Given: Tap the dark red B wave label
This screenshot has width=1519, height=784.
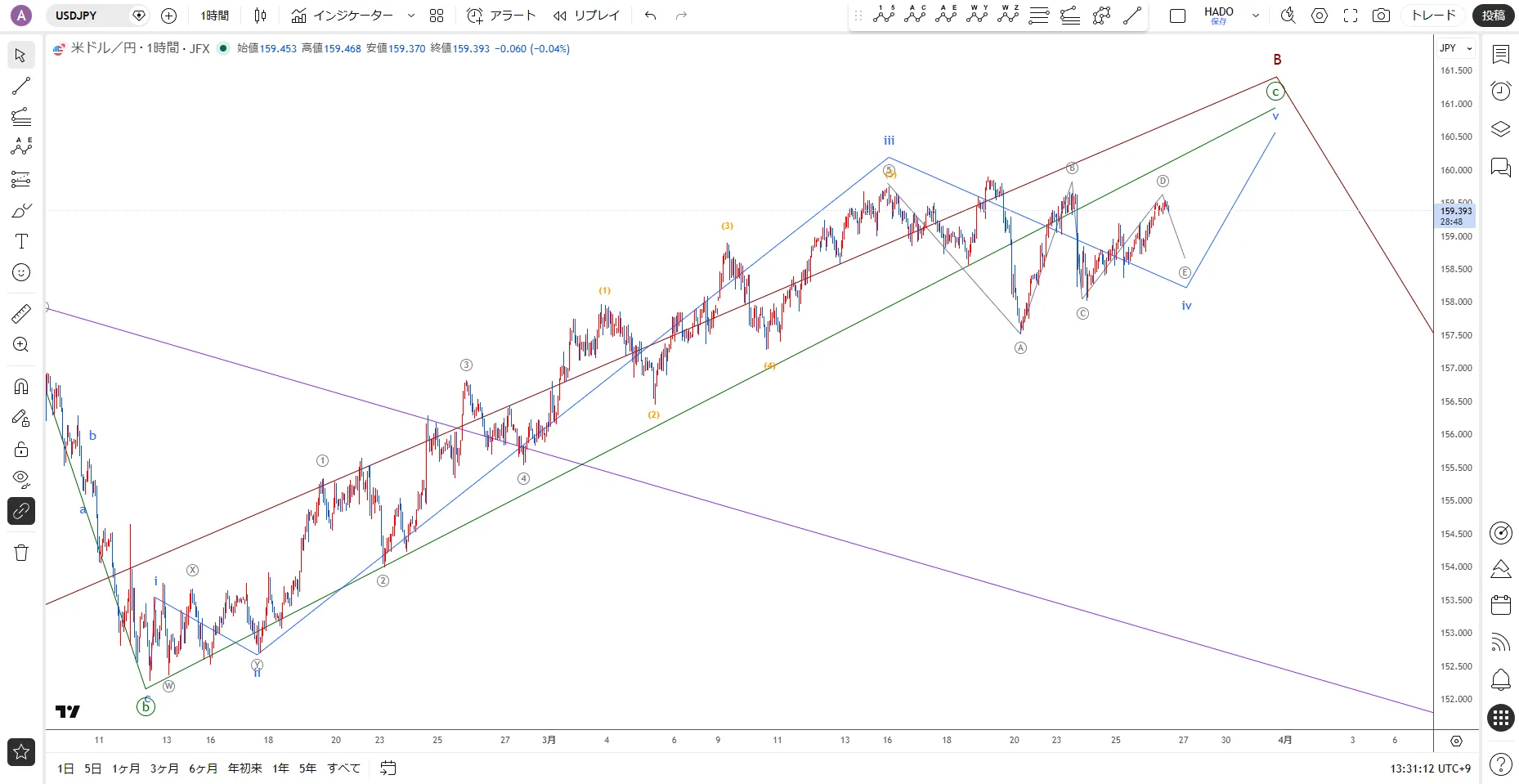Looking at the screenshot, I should [x=1277, y=60].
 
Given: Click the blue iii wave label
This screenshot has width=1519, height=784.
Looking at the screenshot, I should [x=889, y=141].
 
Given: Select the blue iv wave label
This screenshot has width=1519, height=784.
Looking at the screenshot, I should [x=1186, y=306].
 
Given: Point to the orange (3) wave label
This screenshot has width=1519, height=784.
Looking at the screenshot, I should [x=727, y=226].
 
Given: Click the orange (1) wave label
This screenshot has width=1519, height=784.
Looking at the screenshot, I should [x=604, y=290].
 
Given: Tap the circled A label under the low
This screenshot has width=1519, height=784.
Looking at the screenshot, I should [x=1020, y=347].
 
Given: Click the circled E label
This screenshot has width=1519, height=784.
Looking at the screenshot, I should [x=1185, y=272].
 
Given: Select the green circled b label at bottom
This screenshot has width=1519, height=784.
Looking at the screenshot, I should [x=146, y=707].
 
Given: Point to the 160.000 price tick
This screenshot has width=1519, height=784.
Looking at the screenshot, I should [x=1455, y=170].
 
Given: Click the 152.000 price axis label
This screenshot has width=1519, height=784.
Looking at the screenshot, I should [x=1455, y=699].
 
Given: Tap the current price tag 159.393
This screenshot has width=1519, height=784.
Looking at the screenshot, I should [x=1455, y=211].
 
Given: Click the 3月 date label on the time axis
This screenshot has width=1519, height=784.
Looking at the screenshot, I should [x=549, y=740].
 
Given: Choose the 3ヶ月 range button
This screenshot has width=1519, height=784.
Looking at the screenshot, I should [x=164, y=768].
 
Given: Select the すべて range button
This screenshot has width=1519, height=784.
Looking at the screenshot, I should [x=343, y=768].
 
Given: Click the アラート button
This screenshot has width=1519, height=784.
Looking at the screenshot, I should [x=501, y=16].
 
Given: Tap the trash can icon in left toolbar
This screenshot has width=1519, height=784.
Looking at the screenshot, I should [x=21, y=553].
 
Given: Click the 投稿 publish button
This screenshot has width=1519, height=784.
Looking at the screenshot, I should [x=1493, y=16].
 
